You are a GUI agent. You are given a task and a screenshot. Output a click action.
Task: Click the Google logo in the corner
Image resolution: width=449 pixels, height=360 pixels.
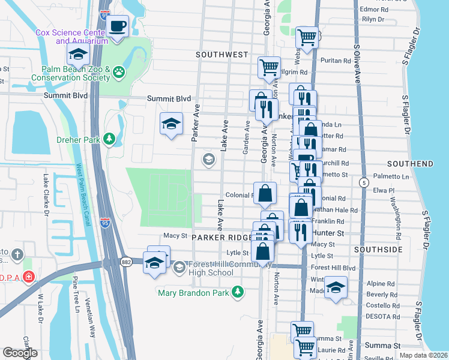[x=20, y=353]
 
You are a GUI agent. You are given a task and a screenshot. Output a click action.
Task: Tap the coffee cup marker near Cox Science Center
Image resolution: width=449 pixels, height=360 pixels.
[x=118, y=26]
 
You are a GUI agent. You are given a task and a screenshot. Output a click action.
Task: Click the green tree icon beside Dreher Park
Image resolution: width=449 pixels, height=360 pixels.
[x=109, y=140]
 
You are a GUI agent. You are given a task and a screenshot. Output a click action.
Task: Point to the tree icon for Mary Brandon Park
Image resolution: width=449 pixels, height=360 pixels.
[x=239, y=292]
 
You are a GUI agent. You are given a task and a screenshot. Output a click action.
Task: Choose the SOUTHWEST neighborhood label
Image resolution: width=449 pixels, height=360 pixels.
[x=222, y=55]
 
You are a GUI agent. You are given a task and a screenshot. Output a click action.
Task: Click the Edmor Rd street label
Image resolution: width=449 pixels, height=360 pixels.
[x=373, y=10]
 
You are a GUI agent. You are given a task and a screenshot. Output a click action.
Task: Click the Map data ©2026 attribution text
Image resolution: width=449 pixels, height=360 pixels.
[x=423, y=355]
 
